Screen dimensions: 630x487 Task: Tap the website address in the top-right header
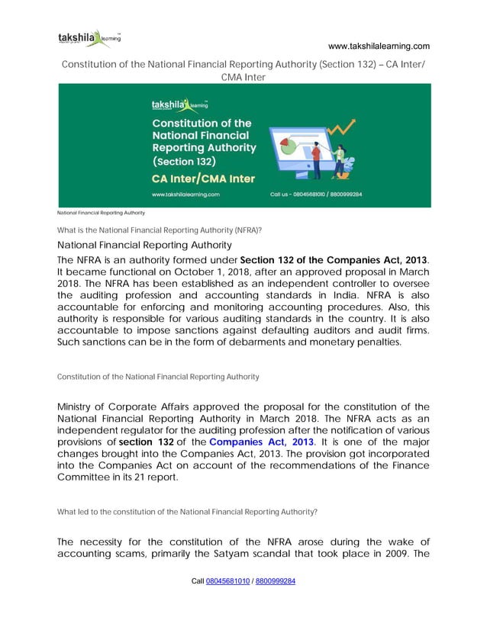pos(379,46)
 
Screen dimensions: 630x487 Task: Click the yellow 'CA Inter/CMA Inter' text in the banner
pos(203,178)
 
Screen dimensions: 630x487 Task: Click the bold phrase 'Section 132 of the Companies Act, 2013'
pos(334,261)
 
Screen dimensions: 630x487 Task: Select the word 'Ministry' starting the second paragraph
pos(80,407)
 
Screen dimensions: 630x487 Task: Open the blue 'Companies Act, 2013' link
pos(261,442)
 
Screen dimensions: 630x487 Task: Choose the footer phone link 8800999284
pos(275,581)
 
